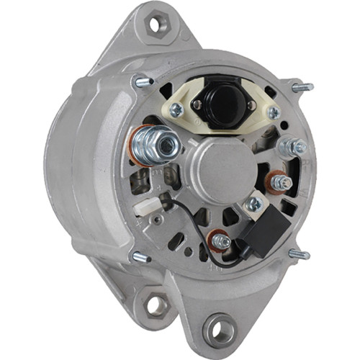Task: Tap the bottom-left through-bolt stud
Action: coord(139,256)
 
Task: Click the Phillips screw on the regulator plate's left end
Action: coord(175,109)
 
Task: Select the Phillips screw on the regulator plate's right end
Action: coord(273,112)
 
